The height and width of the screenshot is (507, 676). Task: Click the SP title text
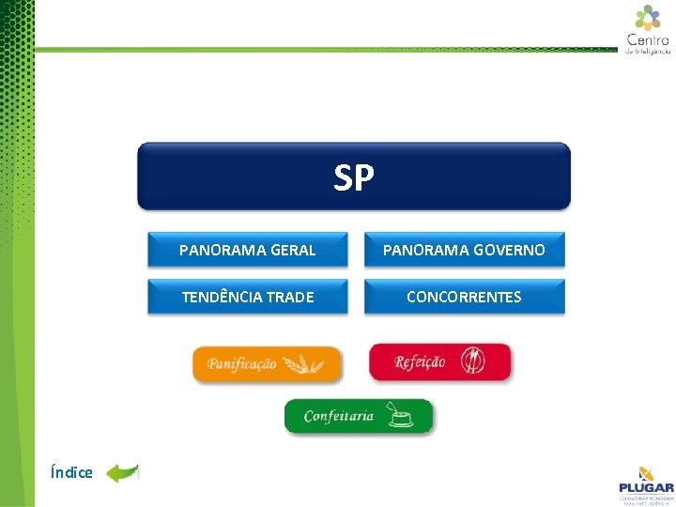click(x=354, y=177)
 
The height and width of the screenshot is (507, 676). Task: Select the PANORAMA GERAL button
click(x=247, y=251)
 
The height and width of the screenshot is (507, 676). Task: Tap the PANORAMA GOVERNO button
click(x=464, y=251)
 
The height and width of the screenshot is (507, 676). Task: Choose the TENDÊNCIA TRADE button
click(x=247, y=297)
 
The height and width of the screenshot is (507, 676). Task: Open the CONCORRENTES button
click(x=464, y=297)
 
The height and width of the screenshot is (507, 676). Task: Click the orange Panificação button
click(x=267, y=363)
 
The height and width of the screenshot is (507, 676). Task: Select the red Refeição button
click(x=439, y=362)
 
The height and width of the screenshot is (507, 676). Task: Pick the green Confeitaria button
click(x=359, y=416)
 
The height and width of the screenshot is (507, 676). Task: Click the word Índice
click(x=72, y=472)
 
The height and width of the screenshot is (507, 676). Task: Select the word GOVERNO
click(x=508, y=251)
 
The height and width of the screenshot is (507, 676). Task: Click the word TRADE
click(x=290, y=297)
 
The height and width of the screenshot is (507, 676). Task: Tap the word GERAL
click(x=292, y=251)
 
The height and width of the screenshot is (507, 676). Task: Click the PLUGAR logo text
click(x=646, y=487)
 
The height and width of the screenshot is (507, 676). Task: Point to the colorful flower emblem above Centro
click(x=648, y=17)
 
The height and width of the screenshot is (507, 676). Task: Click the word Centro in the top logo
click(x=648, y=39)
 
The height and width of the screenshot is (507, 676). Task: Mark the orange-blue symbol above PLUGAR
click(x=646, y=472)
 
